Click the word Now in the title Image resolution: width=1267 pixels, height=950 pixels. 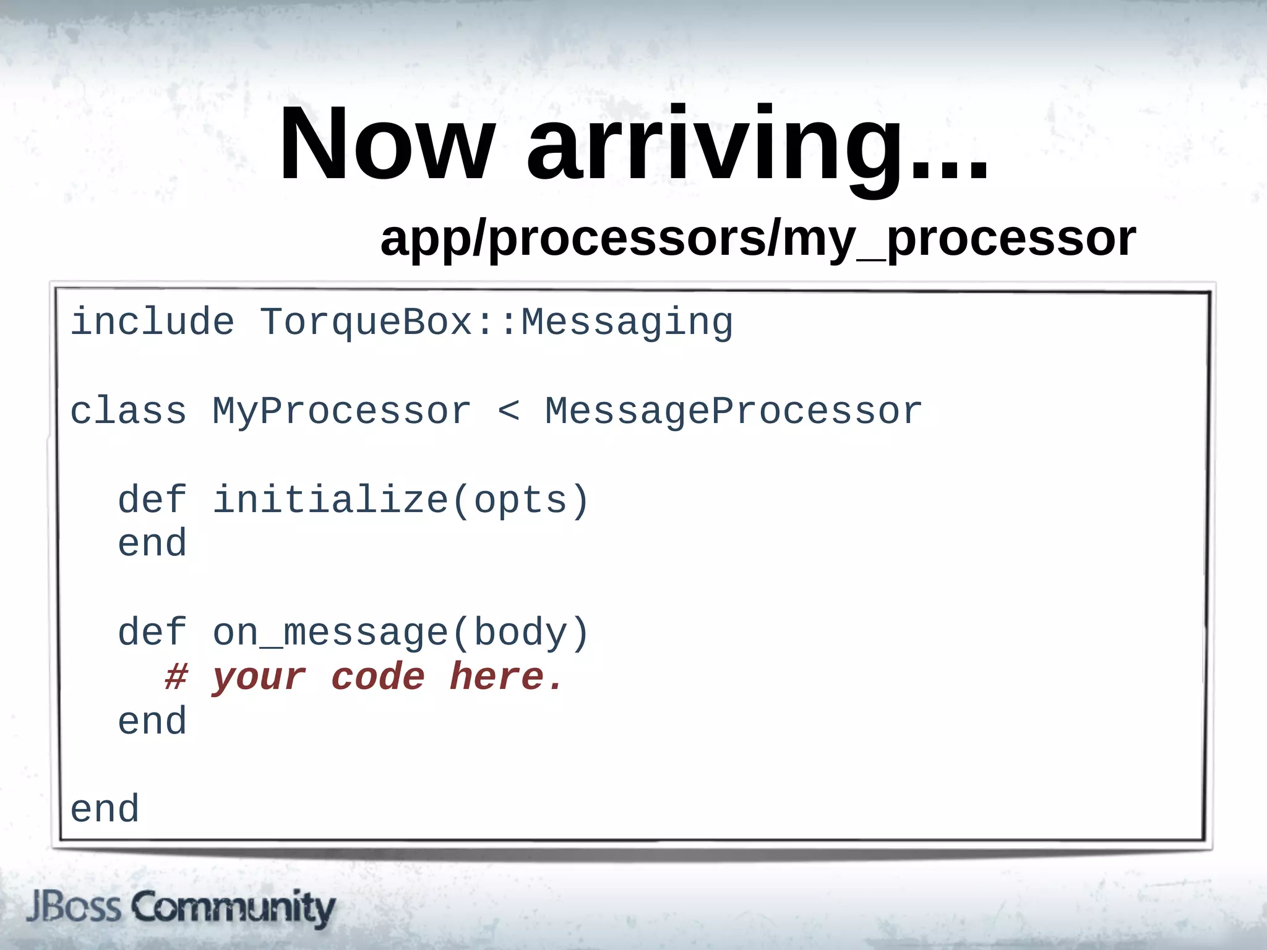coord(387,145)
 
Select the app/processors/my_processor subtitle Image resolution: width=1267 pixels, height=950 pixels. coord(758,239)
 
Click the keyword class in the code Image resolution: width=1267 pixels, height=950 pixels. coord(128,411)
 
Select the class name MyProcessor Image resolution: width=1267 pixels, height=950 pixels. coord(341,413)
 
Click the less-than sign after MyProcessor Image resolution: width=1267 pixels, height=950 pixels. coord(509,411)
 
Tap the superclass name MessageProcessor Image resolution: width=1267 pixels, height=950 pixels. coord(733,411)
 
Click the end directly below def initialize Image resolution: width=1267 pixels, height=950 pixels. coord(152,544)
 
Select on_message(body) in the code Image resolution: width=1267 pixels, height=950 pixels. coord(401,633)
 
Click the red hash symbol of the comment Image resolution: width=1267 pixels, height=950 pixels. coord(176,677)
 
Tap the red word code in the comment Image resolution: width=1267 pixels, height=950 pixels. coord(378,677)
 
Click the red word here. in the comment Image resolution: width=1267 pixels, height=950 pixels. coord(506,677)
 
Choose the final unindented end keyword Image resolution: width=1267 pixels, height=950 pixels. coord(105,810)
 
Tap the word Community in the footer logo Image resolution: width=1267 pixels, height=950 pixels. coord(234,908)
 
